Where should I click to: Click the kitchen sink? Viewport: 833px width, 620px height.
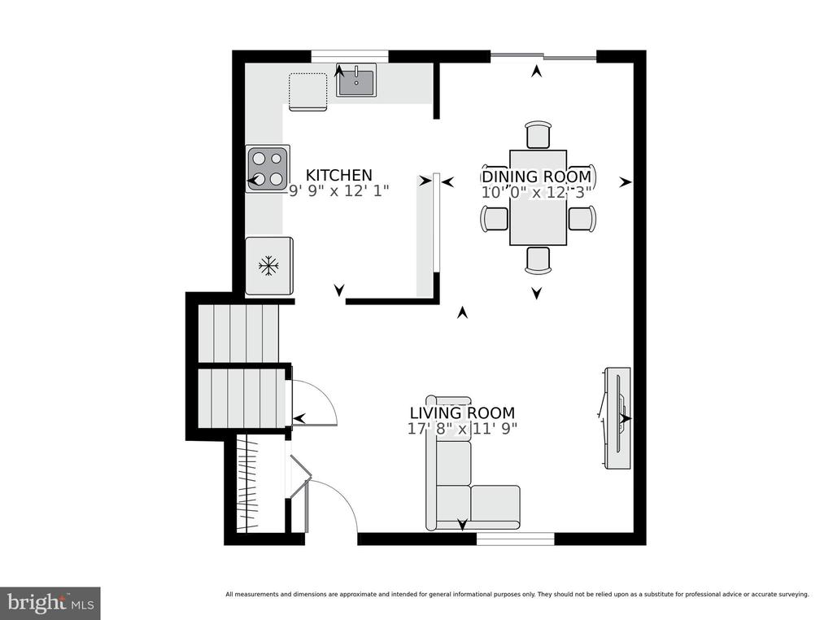click(x=356, y=80)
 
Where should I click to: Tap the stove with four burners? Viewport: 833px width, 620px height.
click(x=268, y=168)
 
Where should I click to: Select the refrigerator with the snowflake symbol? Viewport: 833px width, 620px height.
click(x=268, y=265)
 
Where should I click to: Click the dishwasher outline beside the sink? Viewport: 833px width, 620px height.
click(x=307, y=92)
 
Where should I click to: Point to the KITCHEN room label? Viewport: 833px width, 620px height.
click(x=339, y=175)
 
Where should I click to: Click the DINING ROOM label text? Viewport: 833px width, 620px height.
click(x=537, y=177)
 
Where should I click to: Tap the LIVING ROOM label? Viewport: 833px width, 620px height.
click(x=462, y=413)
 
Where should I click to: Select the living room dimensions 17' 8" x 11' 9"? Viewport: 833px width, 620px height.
click(x=462, y=428)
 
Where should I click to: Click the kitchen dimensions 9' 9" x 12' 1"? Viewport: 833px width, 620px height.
click(x=339, y=190)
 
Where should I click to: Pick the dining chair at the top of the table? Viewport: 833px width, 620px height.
click(x=538, y=134)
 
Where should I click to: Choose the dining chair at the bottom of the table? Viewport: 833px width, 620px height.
click(x=538, y=260)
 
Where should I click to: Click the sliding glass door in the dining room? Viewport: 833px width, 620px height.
click(x=543, y=56)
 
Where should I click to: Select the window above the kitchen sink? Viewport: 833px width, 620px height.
click(x=350, y=56)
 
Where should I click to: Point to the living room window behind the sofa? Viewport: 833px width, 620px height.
click(x=515, y=539)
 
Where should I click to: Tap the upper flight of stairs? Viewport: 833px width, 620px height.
click(x=238, y=333)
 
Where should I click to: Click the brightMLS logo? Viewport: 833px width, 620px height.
click(x=50, y=603)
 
